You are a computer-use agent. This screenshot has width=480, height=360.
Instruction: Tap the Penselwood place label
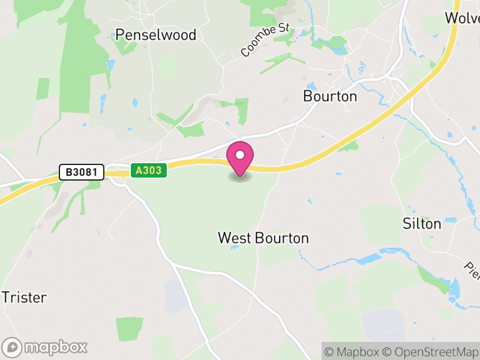(156, 35)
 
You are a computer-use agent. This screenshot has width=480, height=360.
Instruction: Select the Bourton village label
(330, 96)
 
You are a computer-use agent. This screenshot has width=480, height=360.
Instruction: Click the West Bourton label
(263, 238)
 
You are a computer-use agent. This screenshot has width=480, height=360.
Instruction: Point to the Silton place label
(421, 224)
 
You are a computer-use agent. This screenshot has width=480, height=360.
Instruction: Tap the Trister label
(24, 297)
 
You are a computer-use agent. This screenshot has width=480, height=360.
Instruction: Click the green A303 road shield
(148, 171)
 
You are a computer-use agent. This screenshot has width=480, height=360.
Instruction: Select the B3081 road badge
(82, 173)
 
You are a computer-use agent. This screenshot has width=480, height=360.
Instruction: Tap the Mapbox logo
(45, 347)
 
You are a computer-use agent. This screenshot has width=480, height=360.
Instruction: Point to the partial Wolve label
(462, 17)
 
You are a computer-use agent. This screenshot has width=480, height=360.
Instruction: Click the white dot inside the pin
(240, 155)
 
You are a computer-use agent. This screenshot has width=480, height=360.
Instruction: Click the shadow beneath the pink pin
(240, 177)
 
